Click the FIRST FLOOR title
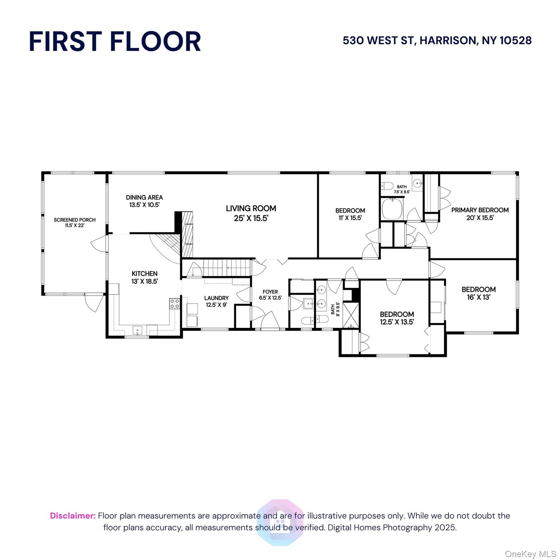[x=115, y=41]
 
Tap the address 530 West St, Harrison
[x=437, y=40]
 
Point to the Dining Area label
[x=144, y=201]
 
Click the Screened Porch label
[x=74, y=222]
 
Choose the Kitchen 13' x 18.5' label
[x=144, y=277]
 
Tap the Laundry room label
[x=216, y=301]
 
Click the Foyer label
[x=270, y=295]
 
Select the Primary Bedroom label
[x=480, y=214]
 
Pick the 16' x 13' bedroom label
[x=478, y=293]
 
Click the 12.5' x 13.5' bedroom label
[x=397, y=318]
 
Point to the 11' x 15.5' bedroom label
[x=350, y=214]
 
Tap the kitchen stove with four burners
[x=174, y=304]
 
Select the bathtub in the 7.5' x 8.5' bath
[x=392, y=209]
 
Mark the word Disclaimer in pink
[x=73, y=516]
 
